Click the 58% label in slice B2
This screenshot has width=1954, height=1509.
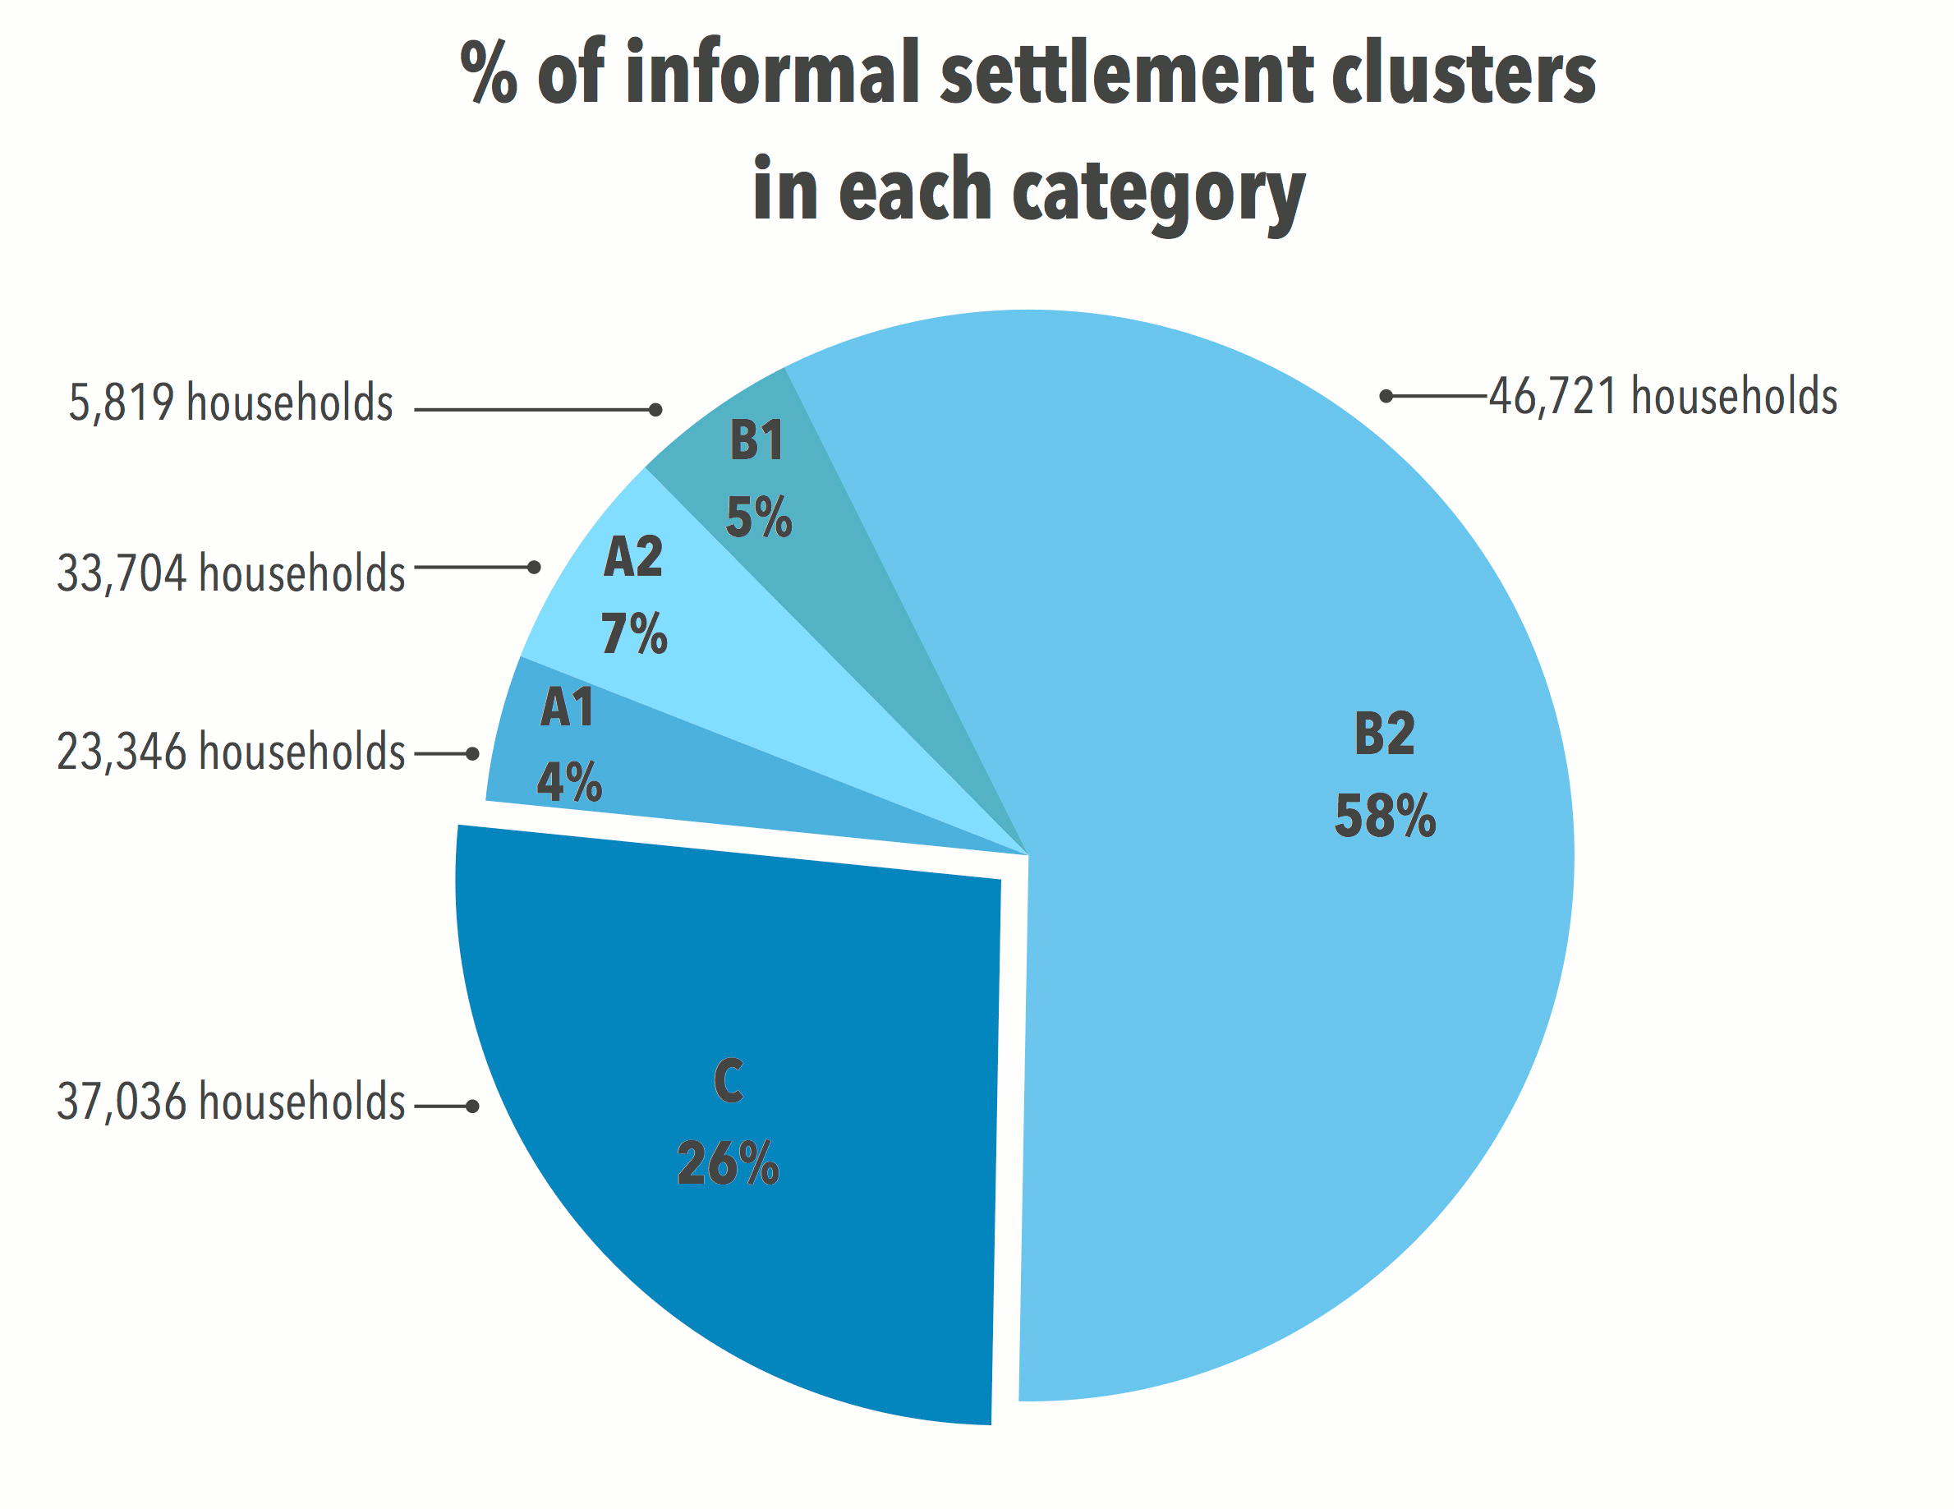(x=1384, y=817)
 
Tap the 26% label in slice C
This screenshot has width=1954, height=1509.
(x=728, y=1163)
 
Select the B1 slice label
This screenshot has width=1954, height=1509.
(x=757, y=440)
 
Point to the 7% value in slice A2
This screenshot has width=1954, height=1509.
(x=633, y=633)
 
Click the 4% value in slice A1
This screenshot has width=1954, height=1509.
(x=569, y=781)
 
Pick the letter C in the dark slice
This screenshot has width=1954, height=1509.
(x=729, y=1080)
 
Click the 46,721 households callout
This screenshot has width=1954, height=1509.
(x=1662, y=397)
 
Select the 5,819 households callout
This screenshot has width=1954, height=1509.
(x=231, y=403)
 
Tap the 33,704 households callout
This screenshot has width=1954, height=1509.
(x=231, y=573)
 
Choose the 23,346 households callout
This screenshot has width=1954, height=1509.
(x=231, y=751)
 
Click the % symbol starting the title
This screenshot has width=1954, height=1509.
(x=489, y=73)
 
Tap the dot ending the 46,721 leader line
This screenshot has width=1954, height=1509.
(x=1386, y=396)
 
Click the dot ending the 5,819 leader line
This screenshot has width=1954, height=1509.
(x=655, y=410)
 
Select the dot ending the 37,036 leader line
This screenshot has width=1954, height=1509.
(x=472, y=1107)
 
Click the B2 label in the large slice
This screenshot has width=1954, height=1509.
(x=1384, y=734)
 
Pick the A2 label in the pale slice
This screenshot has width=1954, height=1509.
(x=633, y=557)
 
